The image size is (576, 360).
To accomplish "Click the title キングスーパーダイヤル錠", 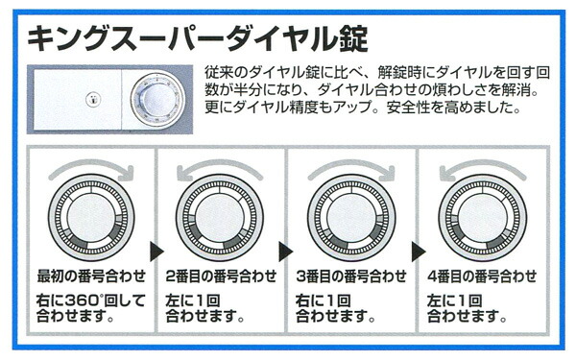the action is coord(198,38).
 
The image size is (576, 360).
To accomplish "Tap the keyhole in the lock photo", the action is coord(91,100).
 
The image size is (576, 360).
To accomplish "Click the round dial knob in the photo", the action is coord(157,101).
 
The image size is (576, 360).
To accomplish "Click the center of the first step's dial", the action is coord(91,218).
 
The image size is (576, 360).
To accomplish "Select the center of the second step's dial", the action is coord(220,218).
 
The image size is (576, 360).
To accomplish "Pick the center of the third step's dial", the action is coord(351,218).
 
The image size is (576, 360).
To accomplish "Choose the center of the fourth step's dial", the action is coord(482,218).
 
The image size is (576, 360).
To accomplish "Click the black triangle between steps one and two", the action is coord(156,252).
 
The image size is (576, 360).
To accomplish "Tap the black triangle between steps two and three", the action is coord(286,252).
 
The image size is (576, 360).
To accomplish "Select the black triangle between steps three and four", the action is coord(419,252).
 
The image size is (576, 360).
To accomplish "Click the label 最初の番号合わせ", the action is coord(91,276).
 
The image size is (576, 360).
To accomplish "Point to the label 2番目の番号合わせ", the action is coord(221,276).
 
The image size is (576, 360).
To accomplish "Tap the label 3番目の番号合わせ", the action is coord(351,276).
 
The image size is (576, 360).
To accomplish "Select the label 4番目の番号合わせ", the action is coord(482,276).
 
